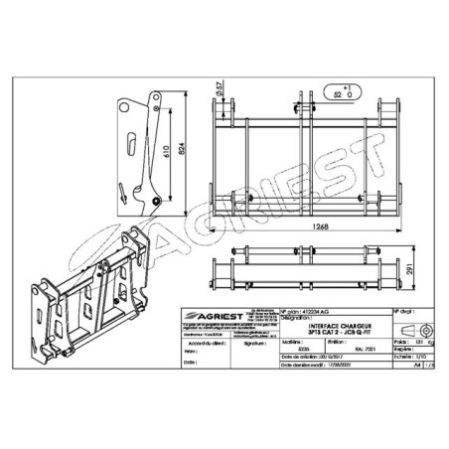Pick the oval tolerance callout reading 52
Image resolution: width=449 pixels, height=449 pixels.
344,95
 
